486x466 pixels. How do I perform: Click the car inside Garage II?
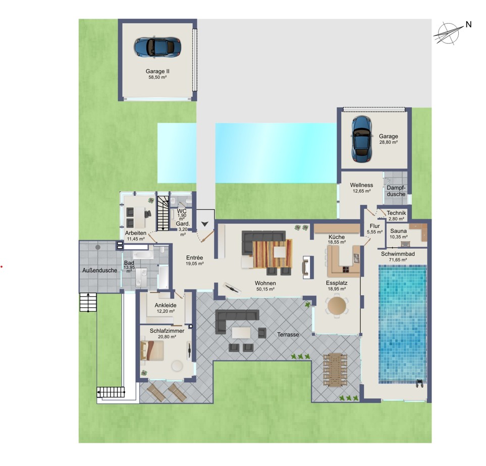tap(157, 47)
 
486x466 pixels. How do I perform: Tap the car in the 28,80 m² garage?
tap(361, 139)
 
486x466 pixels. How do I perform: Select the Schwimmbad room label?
tap(398, 254)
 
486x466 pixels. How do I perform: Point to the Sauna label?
tap(398, 231)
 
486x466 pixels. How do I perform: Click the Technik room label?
tap(396, 213)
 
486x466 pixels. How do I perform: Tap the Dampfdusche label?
tap(396, 191)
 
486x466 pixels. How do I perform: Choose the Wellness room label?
tap(361, 185)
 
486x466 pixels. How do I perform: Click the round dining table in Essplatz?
tap(337, 306)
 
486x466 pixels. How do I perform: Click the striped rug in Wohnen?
tap(273, 254)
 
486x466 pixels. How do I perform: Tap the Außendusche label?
tap(99, 270)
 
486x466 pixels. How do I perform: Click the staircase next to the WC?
tap(163, 213)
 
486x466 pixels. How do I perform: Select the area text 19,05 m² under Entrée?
tap(195, 264)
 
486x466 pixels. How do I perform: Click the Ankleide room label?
tap(166, 306)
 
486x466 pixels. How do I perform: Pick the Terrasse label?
tap(288, 335)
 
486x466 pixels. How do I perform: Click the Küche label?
tap(337, 237)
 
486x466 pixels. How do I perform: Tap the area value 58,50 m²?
tap(157, 77)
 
